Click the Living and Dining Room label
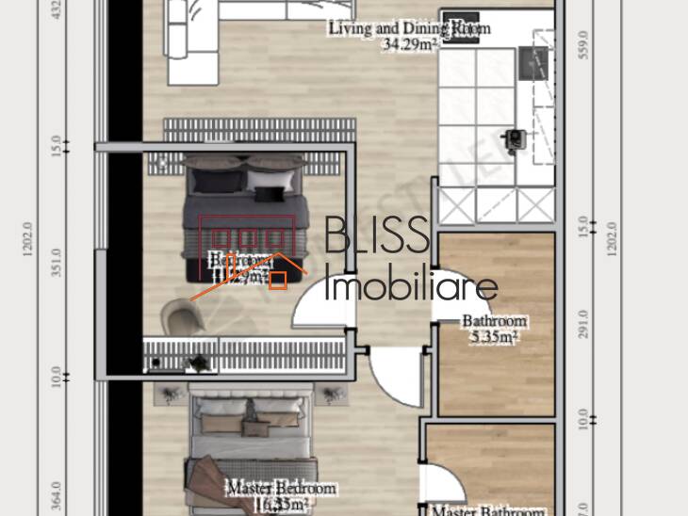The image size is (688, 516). click(x=409, y=28)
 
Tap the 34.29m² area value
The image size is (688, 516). click(x=409, y=43)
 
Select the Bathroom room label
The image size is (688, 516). click(x=494, y=321)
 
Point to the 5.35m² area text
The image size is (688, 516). click(x=494, y=336)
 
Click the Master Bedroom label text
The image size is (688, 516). click(x=281, y=490)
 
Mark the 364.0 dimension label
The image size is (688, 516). click(x=56, y=495)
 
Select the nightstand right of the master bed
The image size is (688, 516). click(x=332, y=394)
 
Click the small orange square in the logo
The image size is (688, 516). click(x=278, y=280)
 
